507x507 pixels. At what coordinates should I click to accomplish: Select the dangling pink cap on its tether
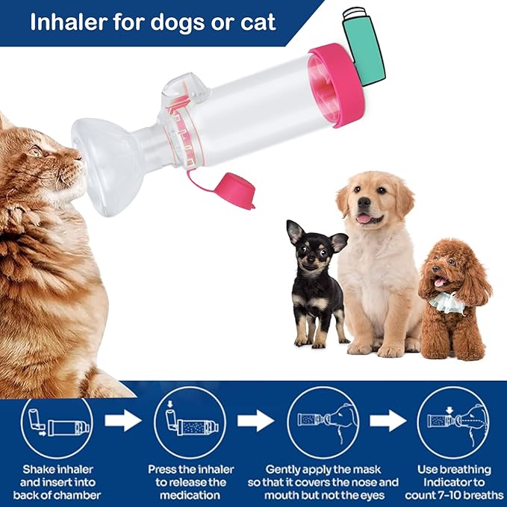pos(238,190)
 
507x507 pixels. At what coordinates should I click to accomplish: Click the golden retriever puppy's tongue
pos(364,218)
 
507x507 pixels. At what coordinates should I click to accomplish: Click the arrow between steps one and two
pos(122,421)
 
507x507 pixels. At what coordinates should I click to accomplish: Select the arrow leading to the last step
pos(388,421)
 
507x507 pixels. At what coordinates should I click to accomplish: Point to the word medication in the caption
pos(190,494)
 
